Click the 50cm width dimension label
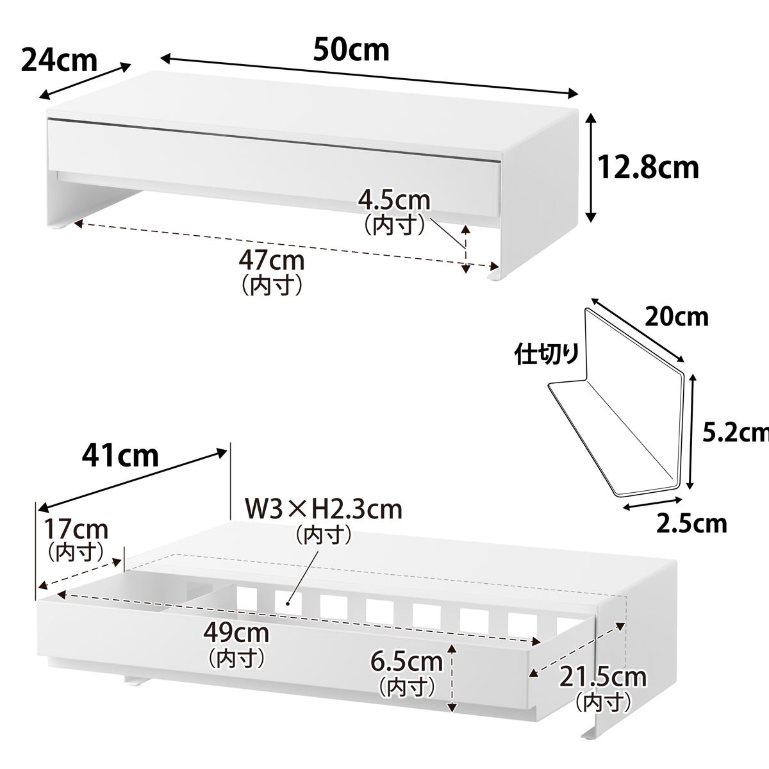click(351, 49)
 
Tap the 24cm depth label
click(59, 60)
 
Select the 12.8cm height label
click(649, 168)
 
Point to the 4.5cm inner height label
click(394, 201)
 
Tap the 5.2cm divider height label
click(736, 433)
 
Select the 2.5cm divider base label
click(691, 524)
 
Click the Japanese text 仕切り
click(547, 354)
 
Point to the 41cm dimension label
click(120, 456)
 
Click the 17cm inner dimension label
click(76, 529)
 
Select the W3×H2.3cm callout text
click(323, 509)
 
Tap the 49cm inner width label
click(236, 633)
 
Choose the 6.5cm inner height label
click(407, 662)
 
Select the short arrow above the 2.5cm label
click(652, 502)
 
